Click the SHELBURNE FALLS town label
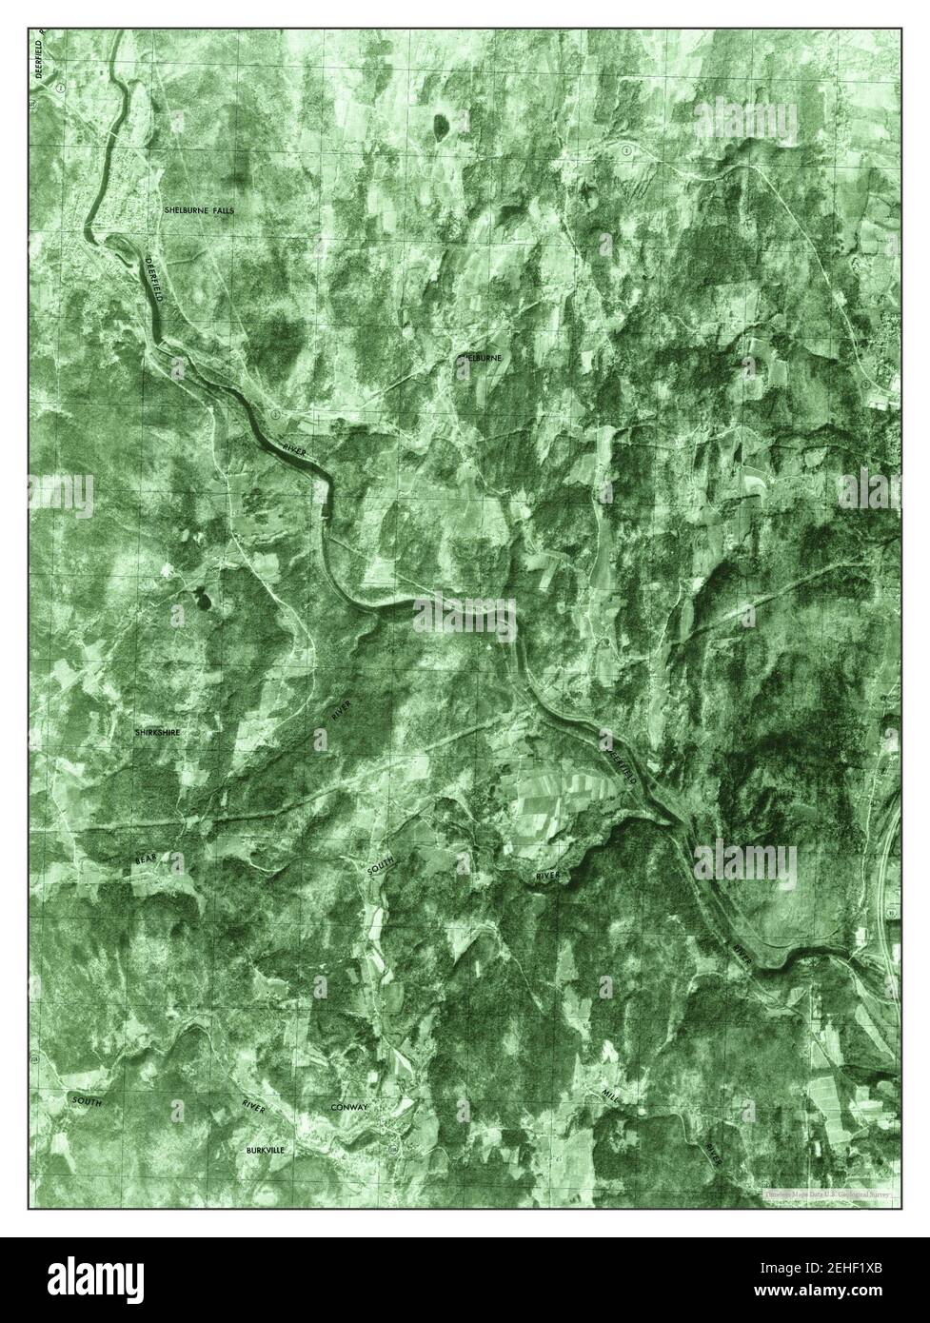pyautogui.click(x=198, y=208)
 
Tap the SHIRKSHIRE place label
pyautogui.click(x=158, y=733)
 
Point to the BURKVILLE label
pyautogui.click(x=265, y=1150)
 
